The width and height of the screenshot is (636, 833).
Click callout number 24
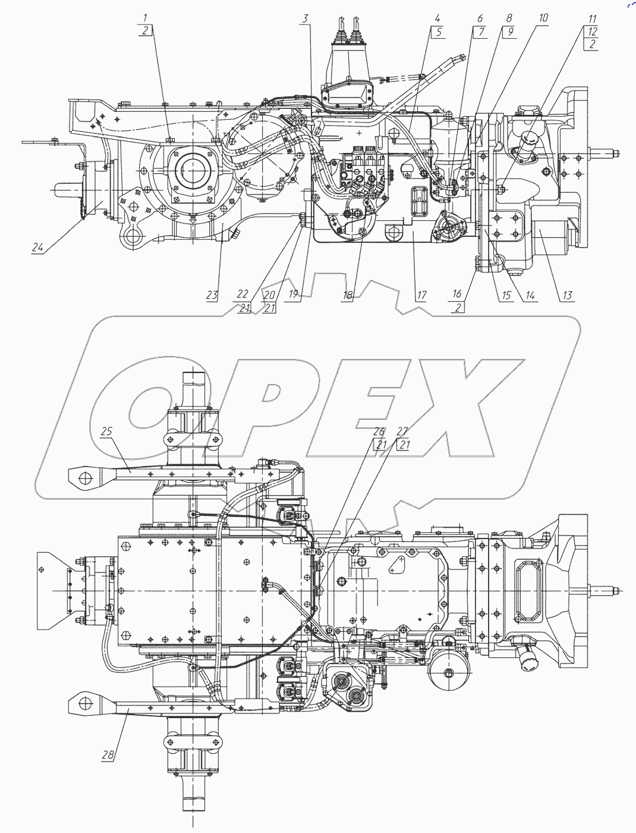[37, 248]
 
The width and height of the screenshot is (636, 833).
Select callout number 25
[106, 431]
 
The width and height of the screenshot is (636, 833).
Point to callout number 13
[568, 295]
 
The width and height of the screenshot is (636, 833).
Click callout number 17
[421, 295]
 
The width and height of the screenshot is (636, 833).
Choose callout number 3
[305, 18]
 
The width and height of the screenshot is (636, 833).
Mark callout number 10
[543, 18]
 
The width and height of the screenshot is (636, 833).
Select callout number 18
[348, 295]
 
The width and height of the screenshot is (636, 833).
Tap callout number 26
[379, 432]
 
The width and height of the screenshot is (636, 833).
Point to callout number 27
[403, 432]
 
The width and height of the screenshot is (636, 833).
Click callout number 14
[530, 295]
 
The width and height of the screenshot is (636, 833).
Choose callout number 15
[506, 295]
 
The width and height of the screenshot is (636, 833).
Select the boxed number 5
[439, 32]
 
